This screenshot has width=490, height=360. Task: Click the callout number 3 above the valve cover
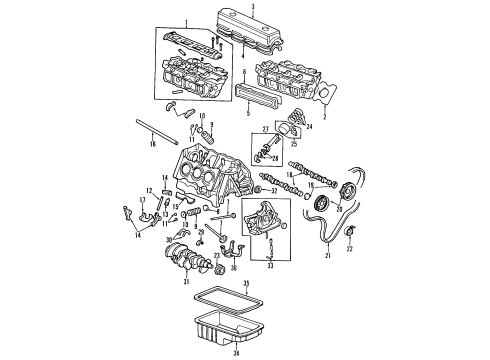coord(254,7)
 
